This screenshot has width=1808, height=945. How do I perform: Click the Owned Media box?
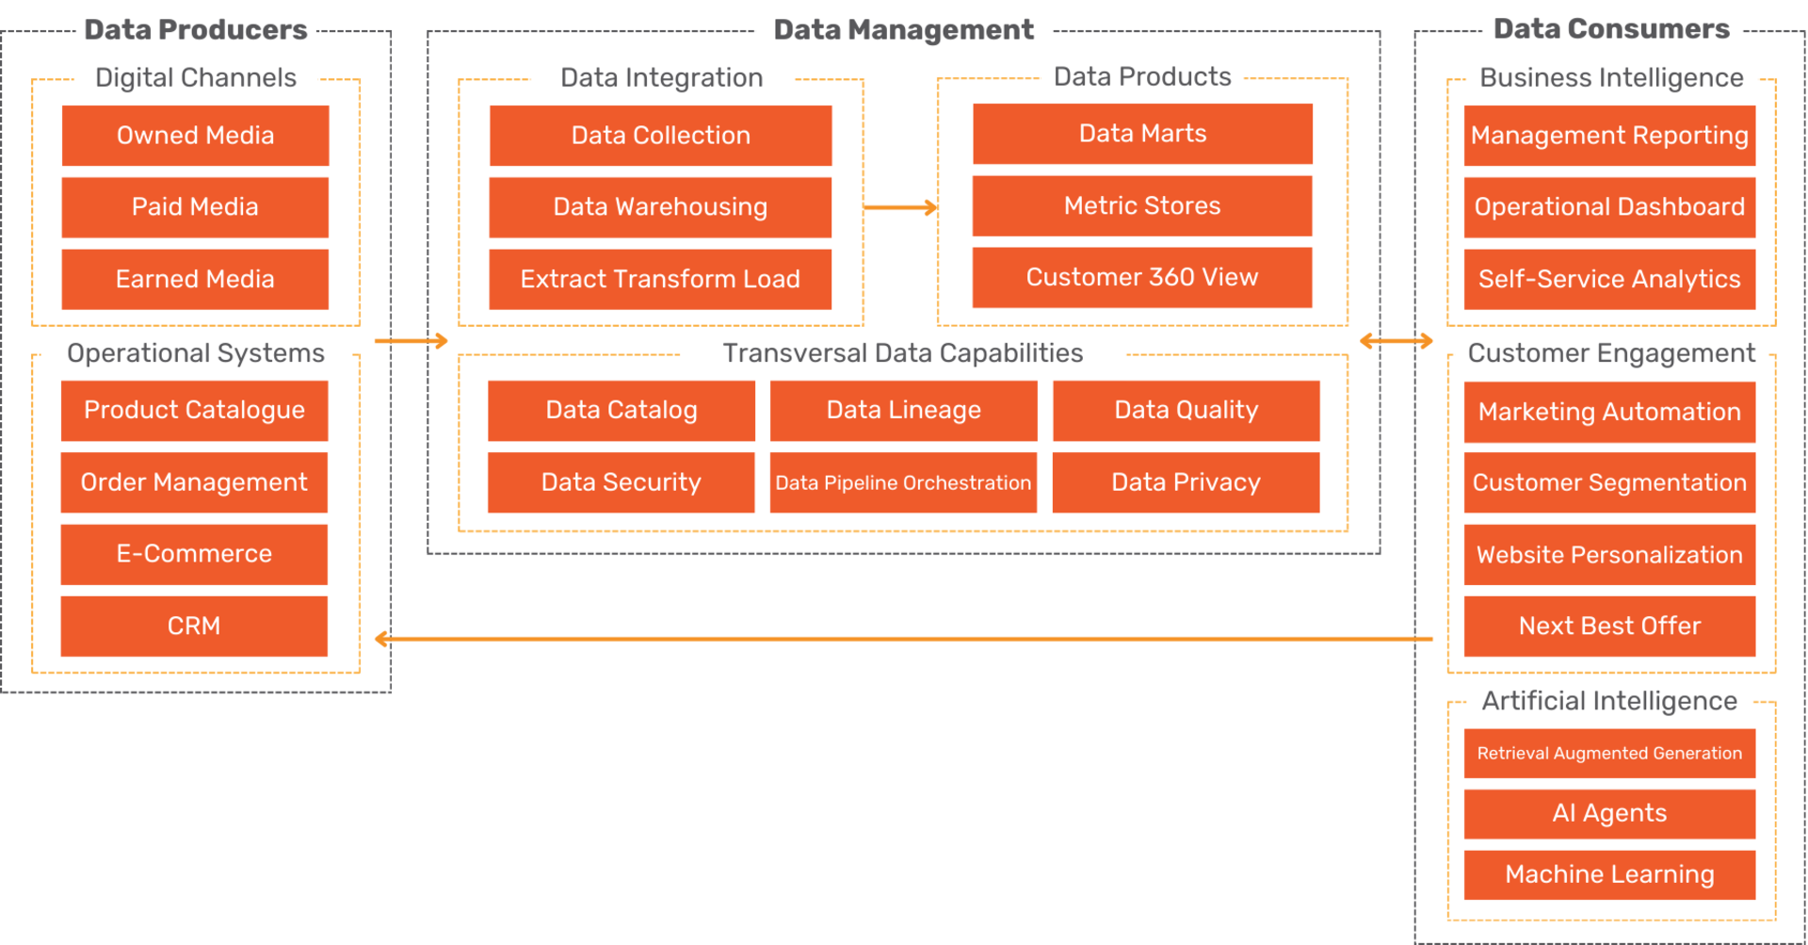coord(195,136)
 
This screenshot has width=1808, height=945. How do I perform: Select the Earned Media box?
coord(195,280)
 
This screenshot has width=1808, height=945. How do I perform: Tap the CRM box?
coord(194,627)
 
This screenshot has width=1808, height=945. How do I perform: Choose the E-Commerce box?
coord(194,554)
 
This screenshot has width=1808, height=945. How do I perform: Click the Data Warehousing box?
coord(660,207)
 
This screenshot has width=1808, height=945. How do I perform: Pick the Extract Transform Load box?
coord(660,280)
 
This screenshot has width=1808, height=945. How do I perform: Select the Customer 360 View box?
coord(1142,278)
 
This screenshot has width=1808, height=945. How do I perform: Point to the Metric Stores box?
coord(1142,205)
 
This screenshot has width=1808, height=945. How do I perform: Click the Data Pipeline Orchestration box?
coord(903,483)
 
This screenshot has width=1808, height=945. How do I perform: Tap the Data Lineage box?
coord(903,411)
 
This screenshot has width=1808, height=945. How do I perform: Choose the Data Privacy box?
coord(1186,483)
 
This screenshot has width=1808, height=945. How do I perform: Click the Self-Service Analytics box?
coord(1609,280)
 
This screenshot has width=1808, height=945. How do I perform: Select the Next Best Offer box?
coord(1609,627)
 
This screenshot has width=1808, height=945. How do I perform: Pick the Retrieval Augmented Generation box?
coord(1609,754)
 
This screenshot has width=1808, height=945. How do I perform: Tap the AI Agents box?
coord(1609,814)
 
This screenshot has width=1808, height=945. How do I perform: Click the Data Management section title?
coord(903,30)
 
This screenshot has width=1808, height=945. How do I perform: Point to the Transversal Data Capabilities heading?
coord(902,353)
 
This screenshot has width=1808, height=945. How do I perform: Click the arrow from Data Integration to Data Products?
coord(900,207)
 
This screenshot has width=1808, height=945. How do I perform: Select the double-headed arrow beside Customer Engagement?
coord(1396,341)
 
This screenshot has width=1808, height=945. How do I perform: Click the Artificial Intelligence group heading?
coord(1609,701)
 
